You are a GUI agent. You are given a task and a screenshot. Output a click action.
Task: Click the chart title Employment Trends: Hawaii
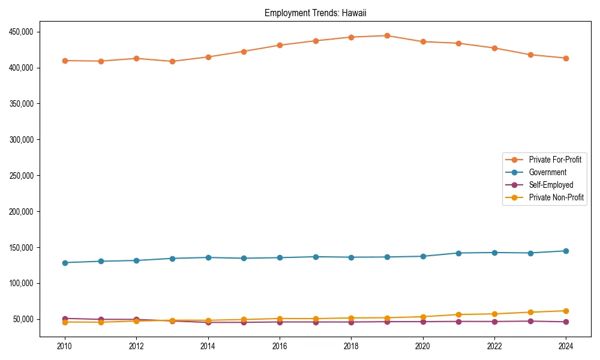coord(315,13)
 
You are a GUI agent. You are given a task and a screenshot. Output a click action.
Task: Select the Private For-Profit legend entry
coord(550,160)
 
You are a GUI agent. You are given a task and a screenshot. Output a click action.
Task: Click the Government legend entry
coord(547,172)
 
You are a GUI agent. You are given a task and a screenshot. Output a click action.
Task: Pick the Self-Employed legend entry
coord(551,185)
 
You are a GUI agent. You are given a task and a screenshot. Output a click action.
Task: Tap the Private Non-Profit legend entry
coord(556,197)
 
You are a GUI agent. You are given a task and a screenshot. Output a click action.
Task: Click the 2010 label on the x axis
coord(65,346)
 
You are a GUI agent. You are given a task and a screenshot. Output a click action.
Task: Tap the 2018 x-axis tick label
coord(351,346)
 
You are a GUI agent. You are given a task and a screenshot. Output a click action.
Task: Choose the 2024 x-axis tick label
coord(566,346)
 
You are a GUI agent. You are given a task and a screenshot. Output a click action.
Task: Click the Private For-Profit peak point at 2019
coord(387,35)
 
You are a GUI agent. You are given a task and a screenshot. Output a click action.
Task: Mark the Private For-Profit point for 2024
coord(566,58)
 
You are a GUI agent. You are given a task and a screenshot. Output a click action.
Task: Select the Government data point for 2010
coord(65,263)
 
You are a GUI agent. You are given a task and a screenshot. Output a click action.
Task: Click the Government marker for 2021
coord(458,253)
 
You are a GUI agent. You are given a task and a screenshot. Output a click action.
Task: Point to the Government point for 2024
coord(566,251)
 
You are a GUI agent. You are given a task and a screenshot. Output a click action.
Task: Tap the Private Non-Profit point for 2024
coord(566,311)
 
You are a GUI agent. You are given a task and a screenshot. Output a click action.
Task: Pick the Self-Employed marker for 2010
coord(65,319)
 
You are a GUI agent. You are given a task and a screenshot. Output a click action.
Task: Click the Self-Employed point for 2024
coord(566,322)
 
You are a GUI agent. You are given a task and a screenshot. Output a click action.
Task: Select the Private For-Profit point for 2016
coord(280,45)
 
